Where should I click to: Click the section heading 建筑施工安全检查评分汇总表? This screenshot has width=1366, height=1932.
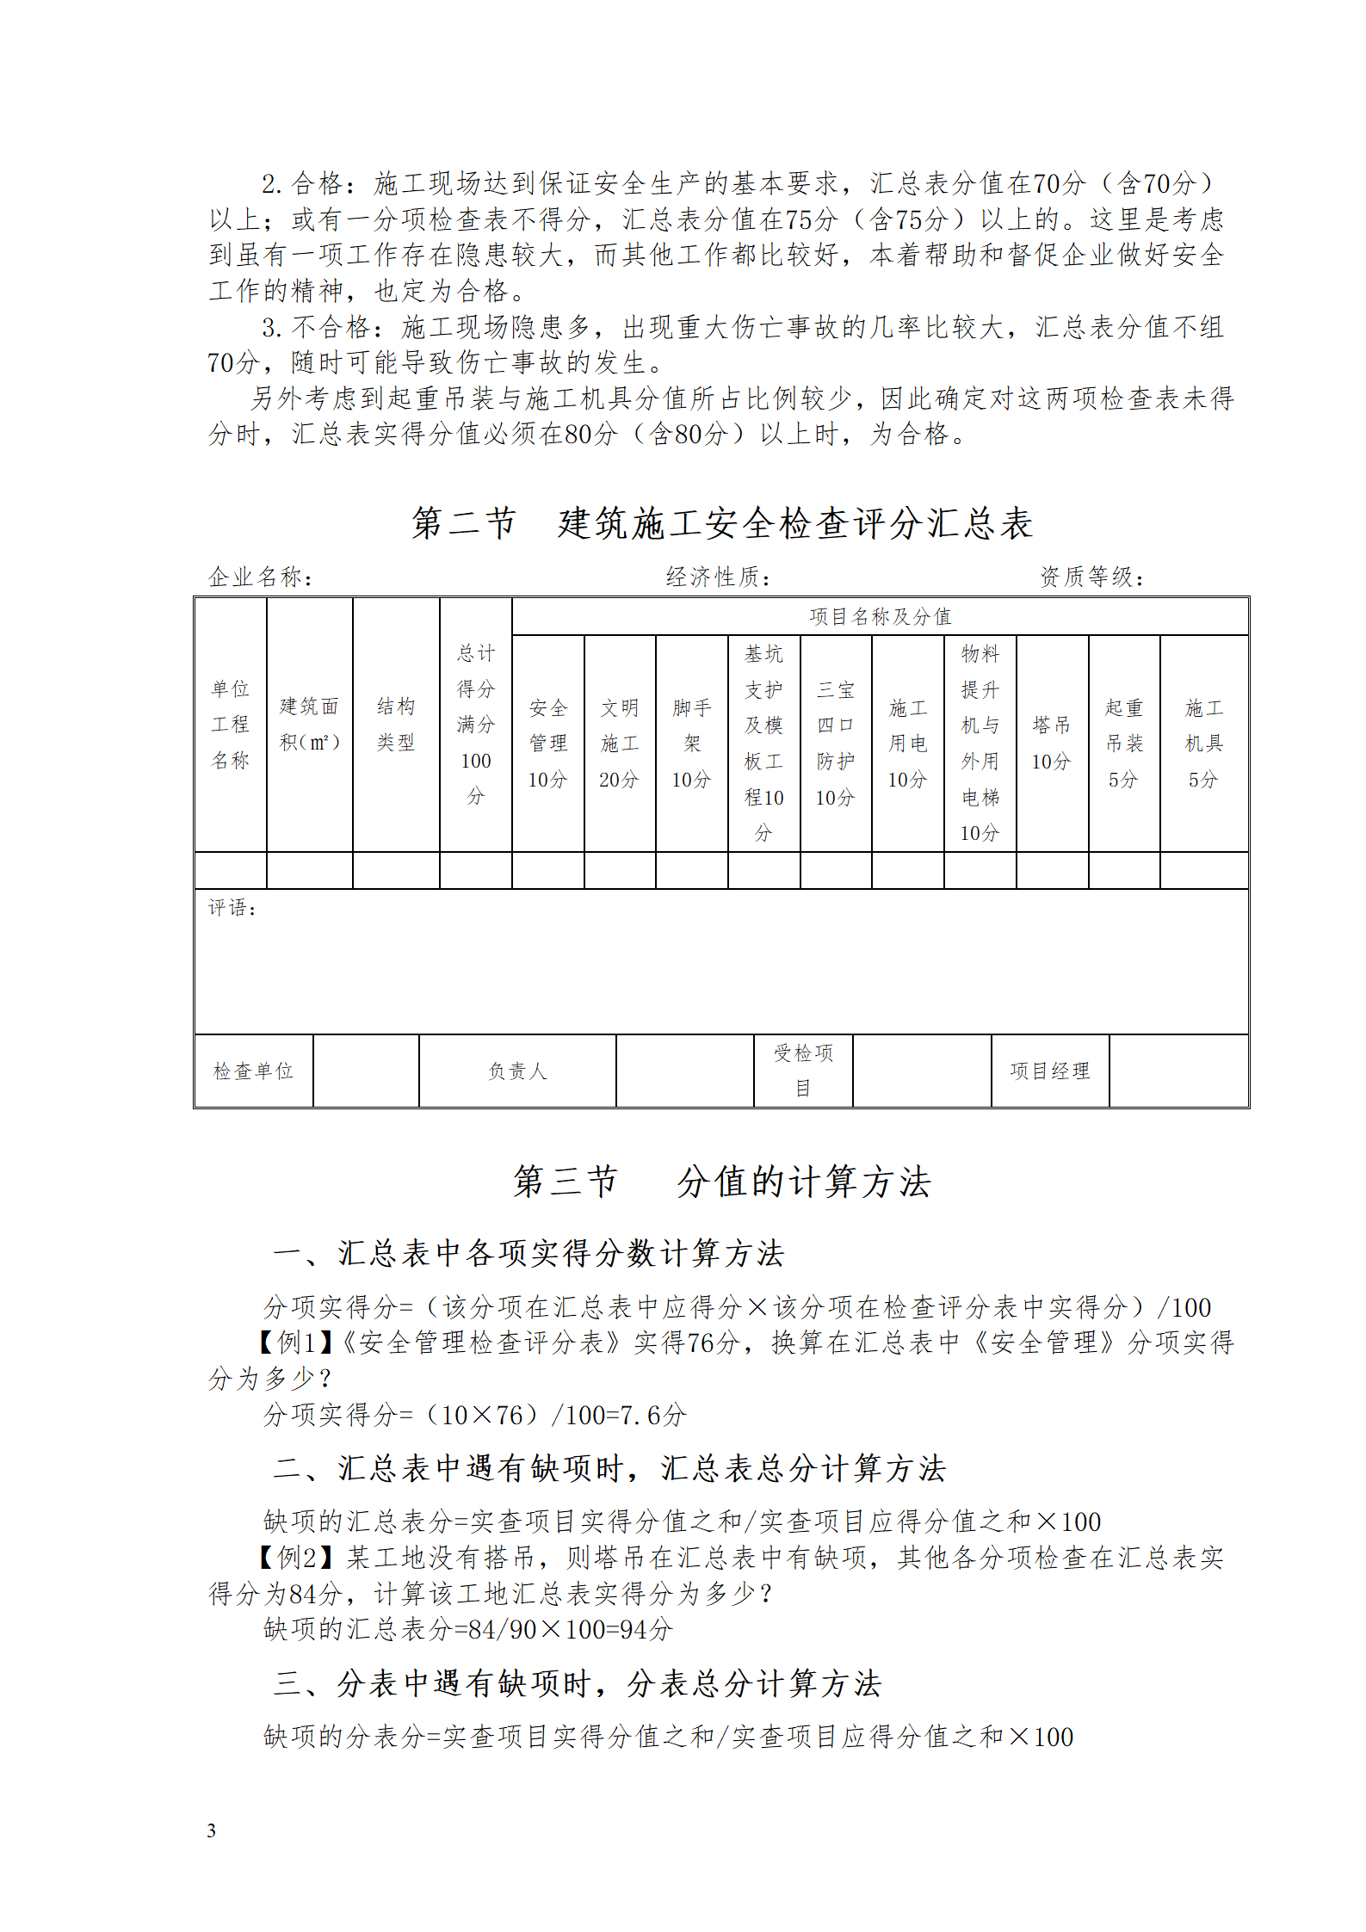(x=721, y=523)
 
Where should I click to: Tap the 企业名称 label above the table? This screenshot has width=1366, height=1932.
(x=260, y=577)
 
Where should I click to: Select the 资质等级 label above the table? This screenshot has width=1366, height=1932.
(x=1091, y=577)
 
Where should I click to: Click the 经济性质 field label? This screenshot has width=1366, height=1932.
(x=718, y=577)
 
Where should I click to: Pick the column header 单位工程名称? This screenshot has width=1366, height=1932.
(x=230, y=724)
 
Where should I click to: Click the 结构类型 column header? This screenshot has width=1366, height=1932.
(x=396, y=724)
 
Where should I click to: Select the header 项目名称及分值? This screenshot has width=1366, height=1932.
(x=880, y=616)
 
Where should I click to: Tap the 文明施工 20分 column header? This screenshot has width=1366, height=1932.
(x=620, y=743)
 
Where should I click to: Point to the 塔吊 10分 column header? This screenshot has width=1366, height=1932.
(x=1052, y=743)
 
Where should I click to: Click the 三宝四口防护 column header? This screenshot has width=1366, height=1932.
(x=836, y=743)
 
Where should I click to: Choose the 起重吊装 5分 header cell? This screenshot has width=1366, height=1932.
(x=1124, y=743)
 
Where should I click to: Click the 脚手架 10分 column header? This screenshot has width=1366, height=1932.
(x=692, y=743)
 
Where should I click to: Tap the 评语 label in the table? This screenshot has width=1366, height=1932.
(x=232, y=908)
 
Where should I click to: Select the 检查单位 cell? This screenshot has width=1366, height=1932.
(x=253, y=1071)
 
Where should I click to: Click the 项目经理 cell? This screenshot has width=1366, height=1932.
(x=1049, y=1071)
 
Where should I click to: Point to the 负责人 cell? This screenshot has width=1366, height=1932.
(x=517, y=1071)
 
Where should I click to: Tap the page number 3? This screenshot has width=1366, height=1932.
(x=212, y=1830)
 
